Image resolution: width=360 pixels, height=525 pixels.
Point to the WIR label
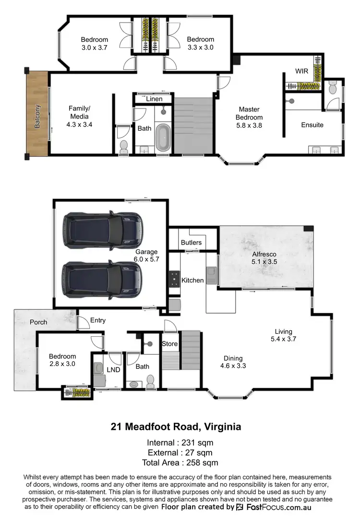click(301, 71)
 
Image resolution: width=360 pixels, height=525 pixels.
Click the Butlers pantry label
click(191, 243)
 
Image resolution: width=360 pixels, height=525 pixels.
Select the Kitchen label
click(192, 280)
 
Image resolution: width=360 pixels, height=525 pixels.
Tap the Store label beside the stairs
click(170, 344)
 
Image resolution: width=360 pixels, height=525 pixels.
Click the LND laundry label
click(113, 369)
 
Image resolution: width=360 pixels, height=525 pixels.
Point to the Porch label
click(38, 322)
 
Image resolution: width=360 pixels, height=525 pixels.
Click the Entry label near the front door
click(98, 320)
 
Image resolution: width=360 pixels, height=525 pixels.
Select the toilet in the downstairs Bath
click(150, 381)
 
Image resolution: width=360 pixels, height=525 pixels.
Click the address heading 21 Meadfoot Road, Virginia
click(176, 426)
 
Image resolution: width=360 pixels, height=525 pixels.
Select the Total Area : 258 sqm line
click(180, 463)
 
